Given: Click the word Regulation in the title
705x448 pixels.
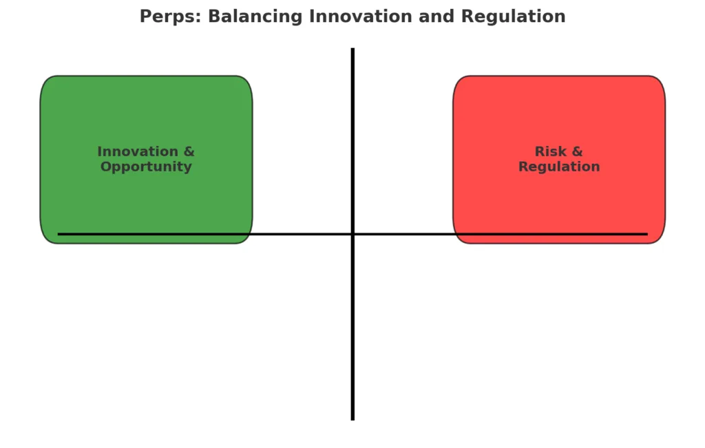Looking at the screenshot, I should [513, 17].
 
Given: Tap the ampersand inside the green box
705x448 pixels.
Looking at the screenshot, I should [189, 151].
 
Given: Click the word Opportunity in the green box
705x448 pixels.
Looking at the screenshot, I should [146, 167].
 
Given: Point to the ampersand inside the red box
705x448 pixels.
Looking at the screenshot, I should [577, 151].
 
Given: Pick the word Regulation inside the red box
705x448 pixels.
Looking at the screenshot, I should [559, 167].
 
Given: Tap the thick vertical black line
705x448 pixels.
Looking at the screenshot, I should [352, 330].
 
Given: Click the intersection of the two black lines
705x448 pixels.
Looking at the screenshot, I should [352, 234].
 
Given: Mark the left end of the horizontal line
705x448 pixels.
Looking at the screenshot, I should [60, 234].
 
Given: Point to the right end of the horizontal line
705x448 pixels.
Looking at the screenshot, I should [646, 234].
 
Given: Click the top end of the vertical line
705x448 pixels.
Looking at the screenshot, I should [352, 50].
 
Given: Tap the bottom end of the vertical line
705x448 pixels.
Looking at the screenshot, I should [352, 418].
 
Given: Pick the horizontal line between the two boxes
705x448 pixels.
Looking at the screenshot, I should [303, 234].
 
